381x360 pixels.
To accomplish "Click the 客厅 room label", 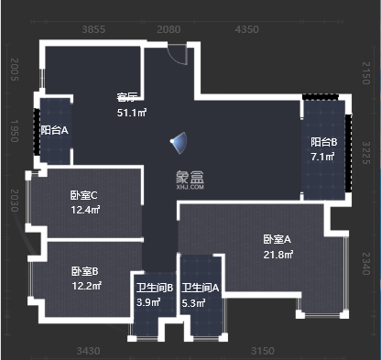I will click(x=126, y=97).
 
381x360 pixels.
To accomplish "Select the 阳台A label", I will click(x=55, y=131).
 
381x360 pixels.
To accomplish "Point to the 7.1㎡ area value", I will click(x=323, y=156).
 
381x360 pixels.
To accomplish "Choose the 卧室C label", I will click(x=83, y=194).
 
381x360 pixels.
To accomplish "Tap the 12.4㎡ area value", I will click(x=85, y=209).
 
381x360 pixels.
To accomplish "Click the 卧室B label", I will click(x=84, y=271).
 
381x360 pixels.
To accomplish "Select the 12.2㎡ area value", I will click(x=85, y=286).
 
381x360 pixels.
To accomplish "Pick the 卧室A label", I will click(x=276, y=239).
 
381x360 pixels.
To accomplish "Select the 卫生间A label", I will click(x=201, y=288).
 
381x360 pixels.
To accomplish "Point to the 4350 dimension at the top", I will click(x=247, y=30).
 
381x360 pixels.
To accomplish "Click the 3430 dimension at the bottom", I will click(x=89, y=350).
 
